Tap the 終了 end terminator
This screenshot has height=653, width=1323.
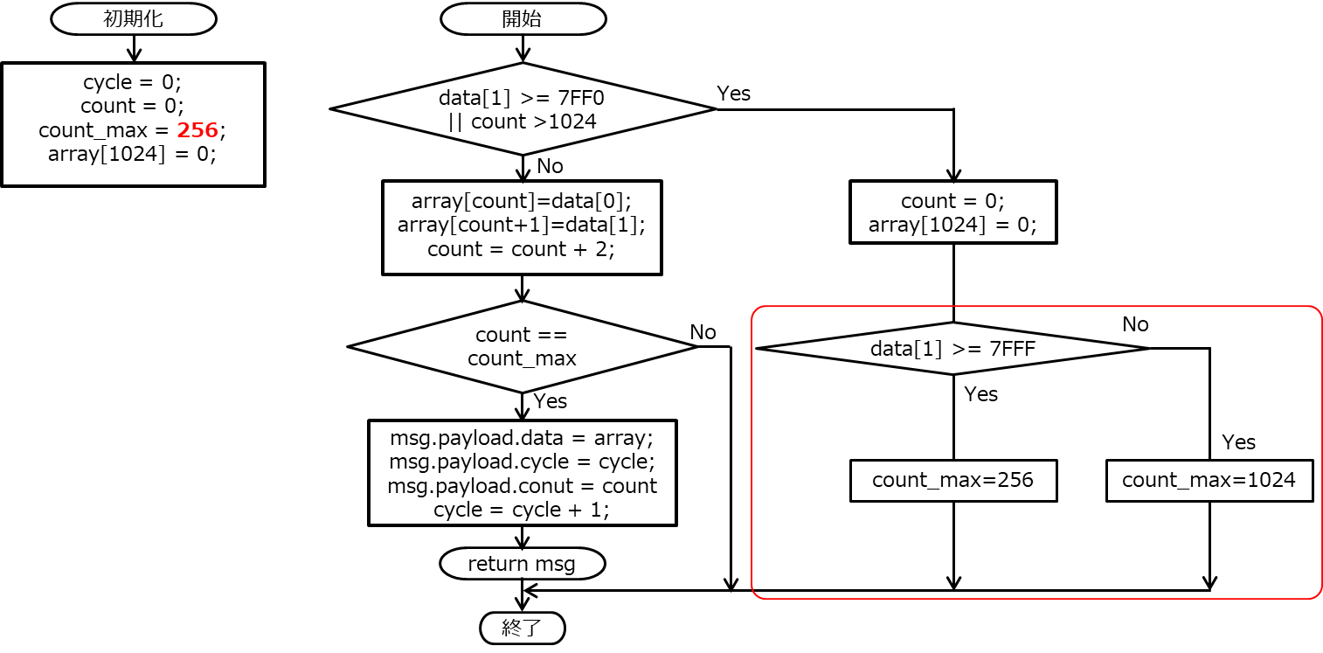tap(523, 628)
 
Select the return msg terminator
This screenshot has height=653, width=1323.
tap(522, 564)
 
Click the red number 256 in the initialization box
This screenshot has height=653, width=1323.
tap(197, 130)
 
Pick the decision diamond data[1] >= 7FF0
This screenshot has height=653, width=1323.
tap(522, 109)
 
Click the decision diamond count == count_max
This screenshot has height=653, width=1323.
tap(522, 347)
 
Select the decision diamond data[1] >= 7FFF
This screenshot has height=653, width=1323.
tap(952, 349)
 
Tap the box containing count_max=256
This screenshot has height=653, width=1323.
tap(952, 480)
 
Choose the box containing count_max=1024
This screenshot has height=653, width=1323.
tap(1209, 480)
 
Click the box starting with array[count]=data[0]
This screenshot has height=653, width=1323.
tap(522, 226)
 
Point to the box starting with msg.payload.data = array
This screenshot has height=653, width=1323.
tap(522, 473)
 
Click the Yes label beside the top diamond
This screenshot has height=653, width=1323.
tap(733, 94)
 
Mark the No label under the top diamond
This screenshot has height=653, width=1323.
tap(550, 166)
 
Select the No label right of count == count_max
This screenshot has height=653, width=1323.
tap(703, 332)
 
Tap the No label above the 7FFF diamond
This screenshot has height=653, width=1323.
tap(1135, 324)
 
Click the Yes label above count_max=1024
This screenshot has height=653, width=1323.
tap(1238, 442)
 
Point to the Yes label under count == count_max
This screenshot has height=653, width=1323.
tap(550, 401)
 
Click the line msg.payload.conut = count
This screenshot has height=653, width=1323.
tap(522, 485)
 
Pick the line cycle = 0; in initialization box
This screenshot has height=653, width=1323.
tap(132, 83)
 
